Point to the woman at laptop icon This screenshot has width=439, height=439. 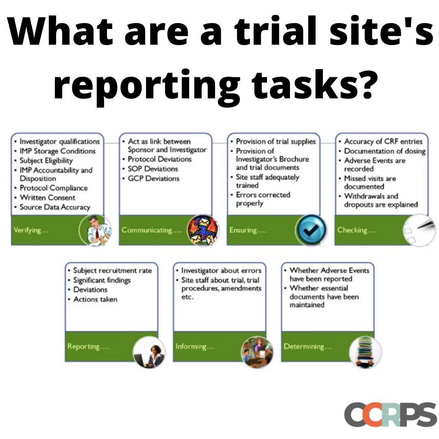[x=149, y=352]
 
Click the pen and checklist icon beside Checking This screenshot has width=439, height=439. [x=419, y=230]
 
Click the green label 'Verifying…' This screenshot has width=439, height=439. [x=31, y=230]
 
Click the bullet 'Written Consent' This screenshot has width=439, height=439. [x=48, y=198]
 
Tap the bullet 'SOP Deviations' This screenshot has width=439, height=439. [x=153, y=169]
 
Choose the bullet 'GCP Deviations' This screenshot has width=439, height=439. [x=153, y=178]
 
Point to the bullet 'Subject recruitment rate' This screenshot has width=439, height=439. [x=112, y=270]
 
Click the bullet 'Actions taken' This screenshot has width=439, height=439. [x=95, y=299]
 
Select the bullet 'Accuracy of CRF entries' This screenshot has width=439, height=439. [x=383, y=141]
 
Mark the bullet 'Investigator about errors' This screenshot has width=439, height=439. [x=221, y=270]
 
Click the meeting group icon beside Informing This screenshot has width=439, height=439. [x=257, y=352]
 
